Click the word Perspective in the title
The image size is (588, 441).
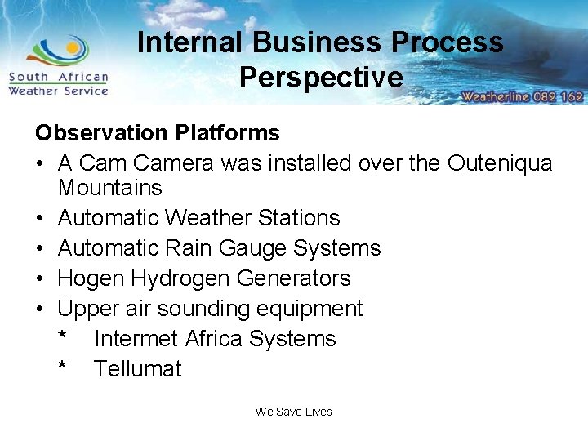tap(321, 77)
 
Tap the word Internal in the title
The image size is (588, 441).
tap(189, 42)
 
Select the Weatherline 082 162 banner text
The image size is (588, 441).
tap(523, 96)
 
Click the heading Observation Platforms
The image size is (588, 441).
tap(157, 133)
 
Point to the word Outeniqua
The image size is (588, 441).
tap(500, 163)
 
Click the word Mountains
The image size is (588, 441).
tap(110, 188)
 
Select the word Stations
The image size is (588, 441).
tap(299, 218)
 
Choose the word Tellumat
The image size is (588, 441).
tap(138, 369)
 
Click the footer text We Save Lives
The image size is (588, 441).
tap(293, 412)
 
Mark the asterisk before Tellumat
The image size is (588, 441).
tap(63, 367)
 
